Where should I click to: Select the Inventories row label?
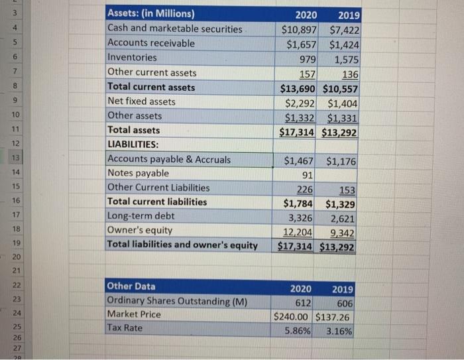point(133,58)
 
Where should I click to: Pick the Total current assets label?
point(151,87)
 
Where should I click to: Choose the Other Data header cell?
point(131,286)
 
